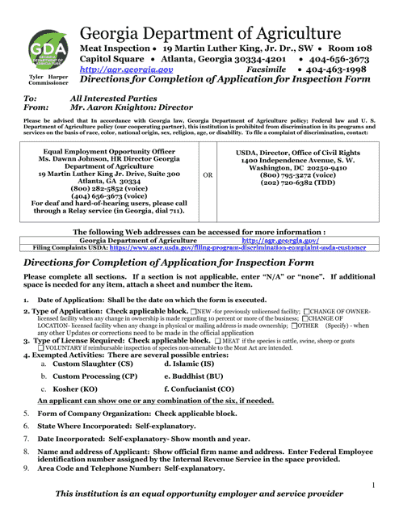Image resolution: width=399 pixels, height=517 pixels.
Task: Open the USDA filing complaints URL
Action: (245, 248)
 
